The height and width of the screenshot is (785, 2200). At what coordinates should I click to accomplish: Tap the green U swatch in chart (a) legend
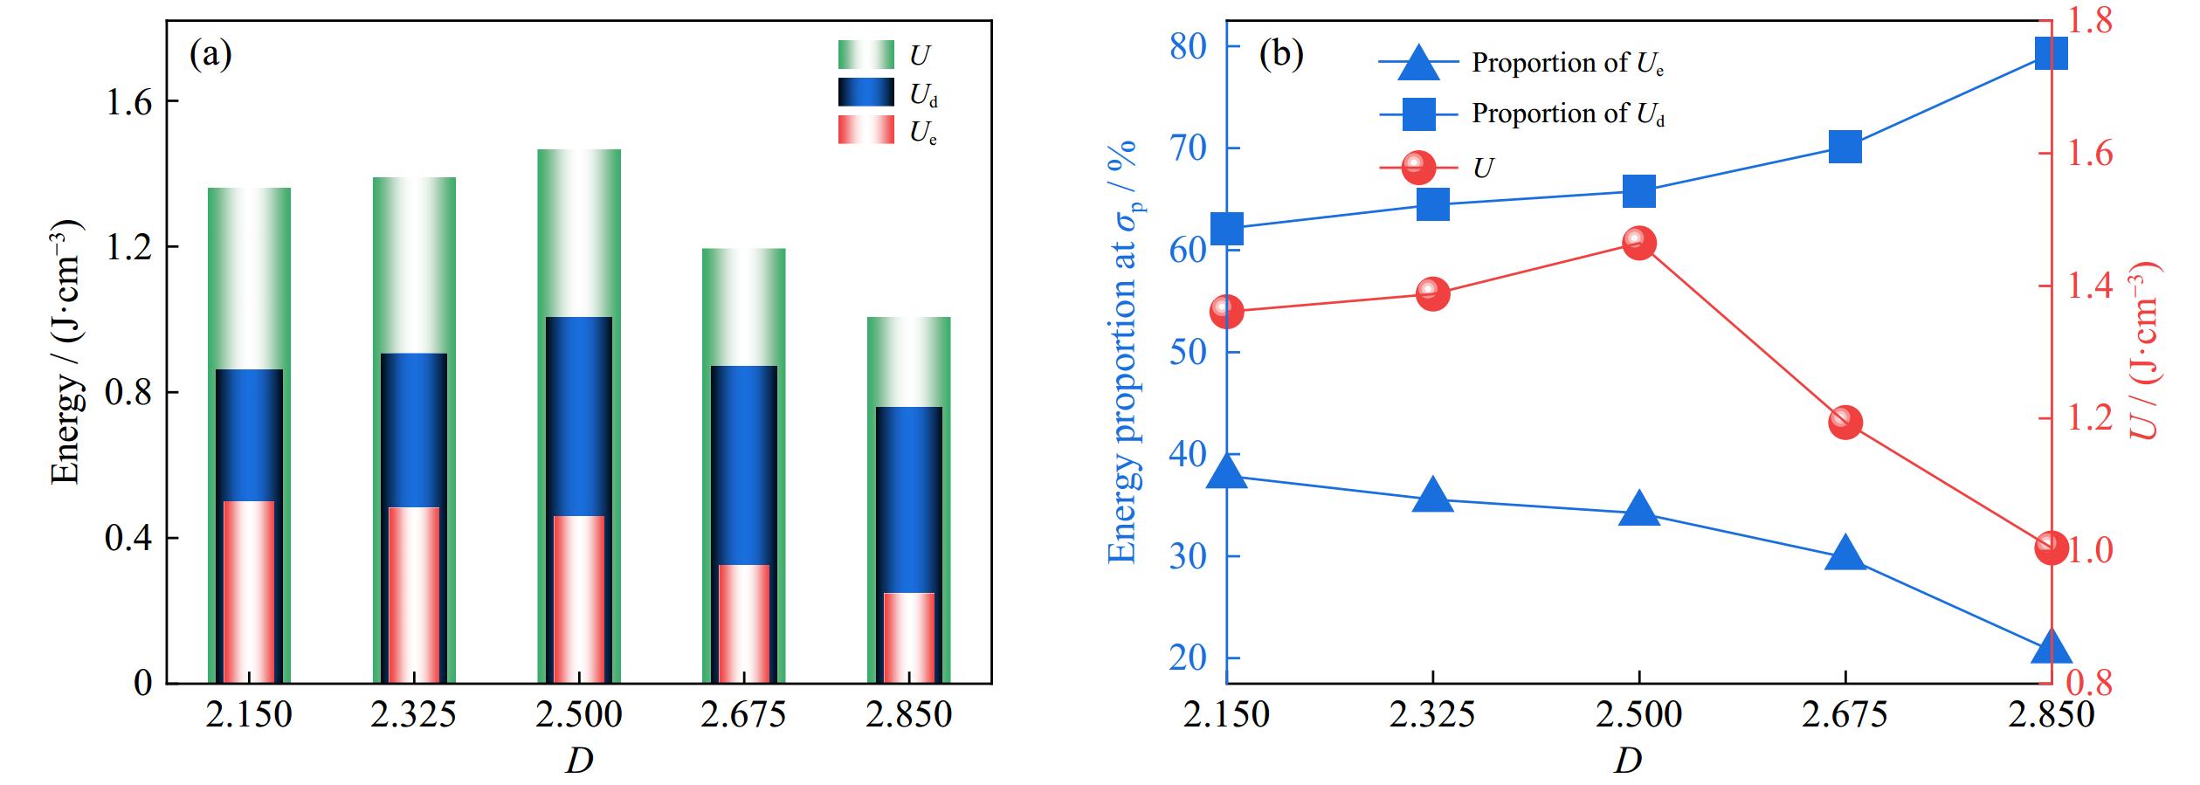[x=866, y=55]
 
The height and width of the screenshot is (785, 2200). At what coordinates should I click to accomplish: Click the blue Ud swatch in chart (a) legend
[x=866, y=93]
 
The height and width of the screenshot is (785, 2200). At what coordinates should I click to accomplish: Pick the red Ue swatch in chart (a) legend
[x=866, y=130]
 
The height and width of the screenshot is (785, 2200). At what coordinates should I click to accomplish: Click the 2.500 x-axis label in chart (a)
[x=579, y=715]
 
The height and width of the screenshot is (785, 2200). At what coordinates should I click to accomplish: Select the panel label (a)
[x=210, y=54]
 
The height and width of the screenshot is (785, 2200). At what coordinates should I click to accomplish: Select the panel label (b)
[x=1280, y=54]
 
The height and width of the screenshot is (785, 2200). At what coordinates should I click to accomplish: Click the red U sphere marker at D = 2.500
[x=1638, y=244]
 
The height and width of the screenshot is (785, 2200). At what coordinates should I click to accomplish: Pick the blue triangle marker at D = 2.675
[x=1845, y=554]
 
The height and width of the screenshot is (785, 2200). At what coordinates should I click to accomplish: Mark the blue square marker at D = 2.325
[x=1432, y=205]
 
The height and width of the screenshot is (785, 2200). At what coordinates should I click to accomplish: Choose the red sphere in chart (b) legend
[x=1418, y=167]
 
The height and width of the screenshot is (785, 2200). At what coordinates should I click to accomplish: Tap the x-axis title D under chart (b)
[x=1628, y=761]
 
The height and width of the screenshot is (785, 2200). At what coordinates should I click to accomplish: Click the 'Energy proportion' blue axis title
[x=1123, y=349]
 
